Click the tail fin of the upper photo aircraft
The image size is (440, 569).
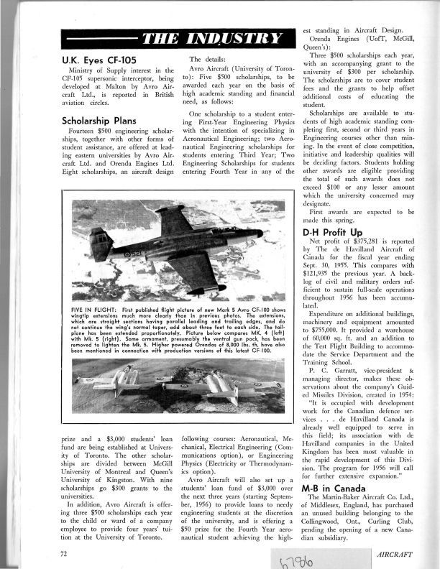click(101, 244)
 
